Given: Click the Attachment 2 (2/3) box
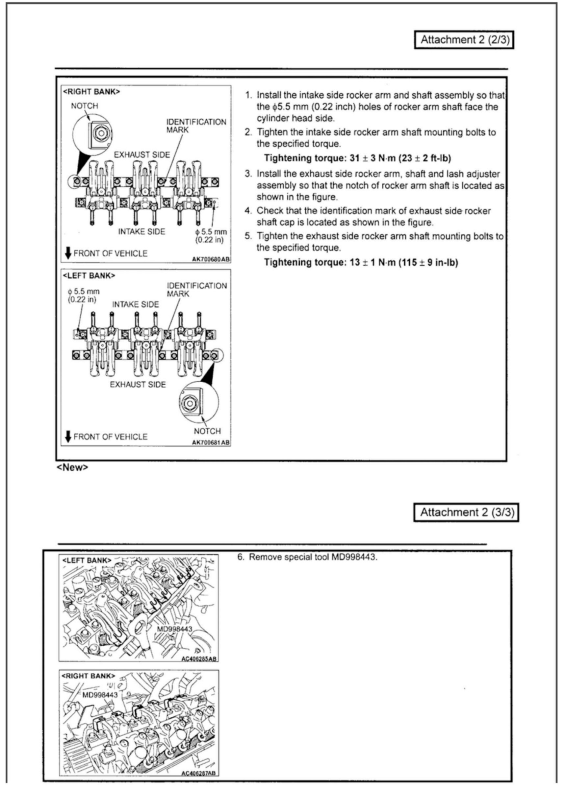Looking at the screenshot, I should click(464, 40).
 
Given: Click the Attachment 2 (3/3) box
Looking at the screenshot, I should click(466, 512).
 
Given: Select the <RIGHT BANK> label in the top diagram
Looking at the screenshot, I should click(91, 92).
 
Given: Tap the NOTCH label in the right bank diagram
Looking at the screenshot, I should click(85, 106).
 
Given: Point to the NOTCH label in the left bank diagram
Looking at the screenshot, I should click(207, 431).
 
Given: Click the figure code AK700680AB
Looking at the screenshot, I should click(211, 259).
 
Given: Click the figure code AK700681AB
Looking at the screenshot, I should click(211, 442).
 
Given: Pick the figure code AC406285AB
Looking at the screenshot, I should click(199, 659).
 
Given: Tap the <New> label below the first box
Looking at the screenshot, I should click(72, 467).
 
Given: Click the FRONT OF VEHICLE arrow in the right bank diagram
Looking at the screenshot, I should click(68, 253).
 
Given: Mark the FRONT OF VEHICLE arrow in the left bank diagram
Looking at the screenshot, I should click(68, 436).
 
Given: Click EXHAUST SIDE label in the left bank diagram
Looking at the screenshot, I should click(138, 384).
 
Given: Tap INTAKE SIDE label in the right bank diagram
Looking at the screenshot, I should click(141, 232).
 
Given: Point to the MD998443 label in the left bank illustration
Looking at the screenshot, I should click(174, 629).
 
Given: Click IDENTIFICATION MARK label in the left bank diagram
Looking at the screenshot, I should click(196, 290).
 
